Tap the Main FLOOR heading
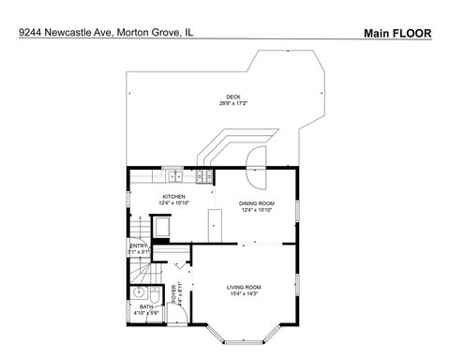point(397,32)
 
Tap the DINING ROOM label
point(256,203)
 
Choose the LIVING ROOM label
point(244,287)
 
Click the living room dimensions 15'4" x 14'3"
point(244,294)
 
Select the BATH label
point(145,306)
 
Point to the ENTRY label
point(138,246)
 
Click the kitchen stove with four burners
point(203,176)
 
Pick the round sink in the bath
point(138,292)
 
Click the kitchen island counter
point(214,224)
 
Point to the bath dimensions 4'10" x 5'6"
point(145,313)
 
